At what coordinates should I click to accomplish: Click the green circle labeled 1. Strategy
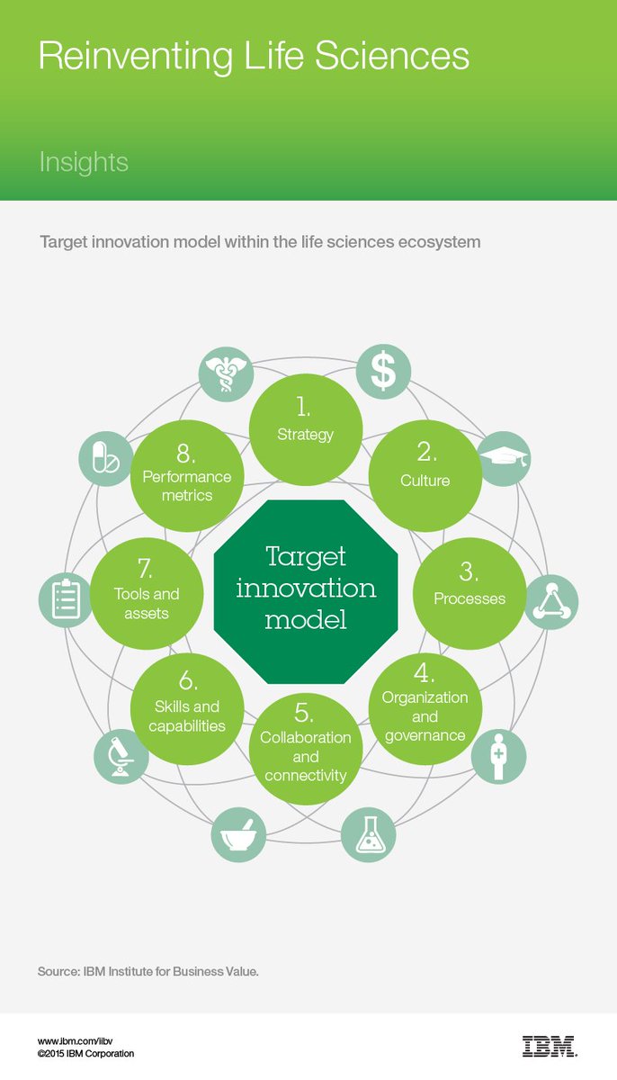(305, 420)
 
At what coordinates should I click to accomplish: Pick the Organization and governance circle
(425, 709)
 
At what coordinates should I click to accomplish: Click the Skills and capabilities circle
(187, 709)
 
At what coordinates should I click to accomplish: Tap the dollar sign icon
(383, 371)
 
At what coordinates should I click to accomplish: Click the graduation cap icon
(503, 460)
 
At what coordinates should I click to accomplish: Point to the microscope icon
(121, 756)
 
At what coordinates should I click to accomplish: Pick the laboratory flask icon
(369, 835)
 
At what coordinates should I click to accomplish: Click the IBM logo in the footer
(550, 1046)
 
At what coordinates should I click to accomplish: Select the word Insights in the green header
(83, 163)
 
